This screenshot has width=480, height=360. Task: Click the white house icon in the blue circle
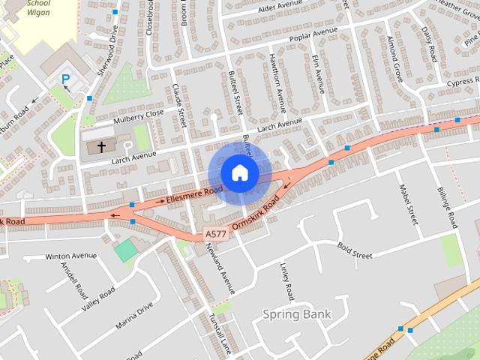click(x=239, y=172)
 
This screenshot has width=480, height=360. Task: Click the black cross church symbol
click(x=101, y=147)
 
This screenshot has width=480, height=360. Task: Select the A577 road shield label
click(x=214, y=235)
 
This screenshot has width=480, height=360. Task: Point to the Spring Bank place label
click(x=297, y=314)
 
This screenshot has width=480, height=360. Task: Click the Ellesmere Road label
click(x=194, y=196)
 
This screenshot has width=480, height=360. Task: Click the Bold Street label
click(x=355, y=250)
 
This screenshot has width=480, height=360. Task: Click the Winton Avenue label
click(x=71, y=256)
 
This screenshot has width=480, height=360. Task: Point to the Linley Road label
click(x=286, y=280)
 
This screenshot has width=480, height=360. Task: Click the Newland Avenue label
click(x=221, y=270)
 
